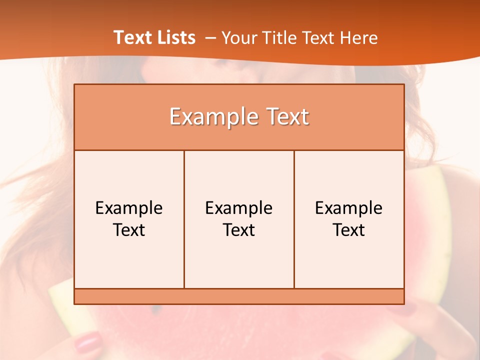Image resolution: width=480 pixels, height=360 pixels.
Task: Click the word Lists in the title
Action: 175,37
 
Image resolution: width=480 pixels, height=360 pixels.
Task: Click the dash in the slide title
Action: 210,38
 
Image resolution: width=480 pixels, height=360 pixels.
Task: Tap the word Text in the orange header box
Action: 286,117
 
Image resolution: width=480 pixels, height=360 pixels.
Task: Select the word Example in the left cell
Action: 129,208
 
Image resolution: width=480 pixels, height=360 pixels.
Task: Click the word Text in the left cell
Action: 129,230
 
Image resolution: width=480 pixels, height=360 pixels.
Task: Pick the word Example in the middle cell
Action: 239,208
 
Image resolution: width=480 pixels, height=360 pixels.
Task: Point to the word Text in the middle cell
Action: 239,230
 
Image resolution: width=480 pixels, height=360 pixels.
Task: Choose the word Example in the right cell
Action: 349,208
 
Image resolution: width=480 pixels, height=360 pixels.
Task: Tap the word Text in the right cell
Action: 349,230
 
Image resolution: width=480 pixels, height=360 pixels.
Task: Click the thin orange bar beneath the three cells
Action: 239,296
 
